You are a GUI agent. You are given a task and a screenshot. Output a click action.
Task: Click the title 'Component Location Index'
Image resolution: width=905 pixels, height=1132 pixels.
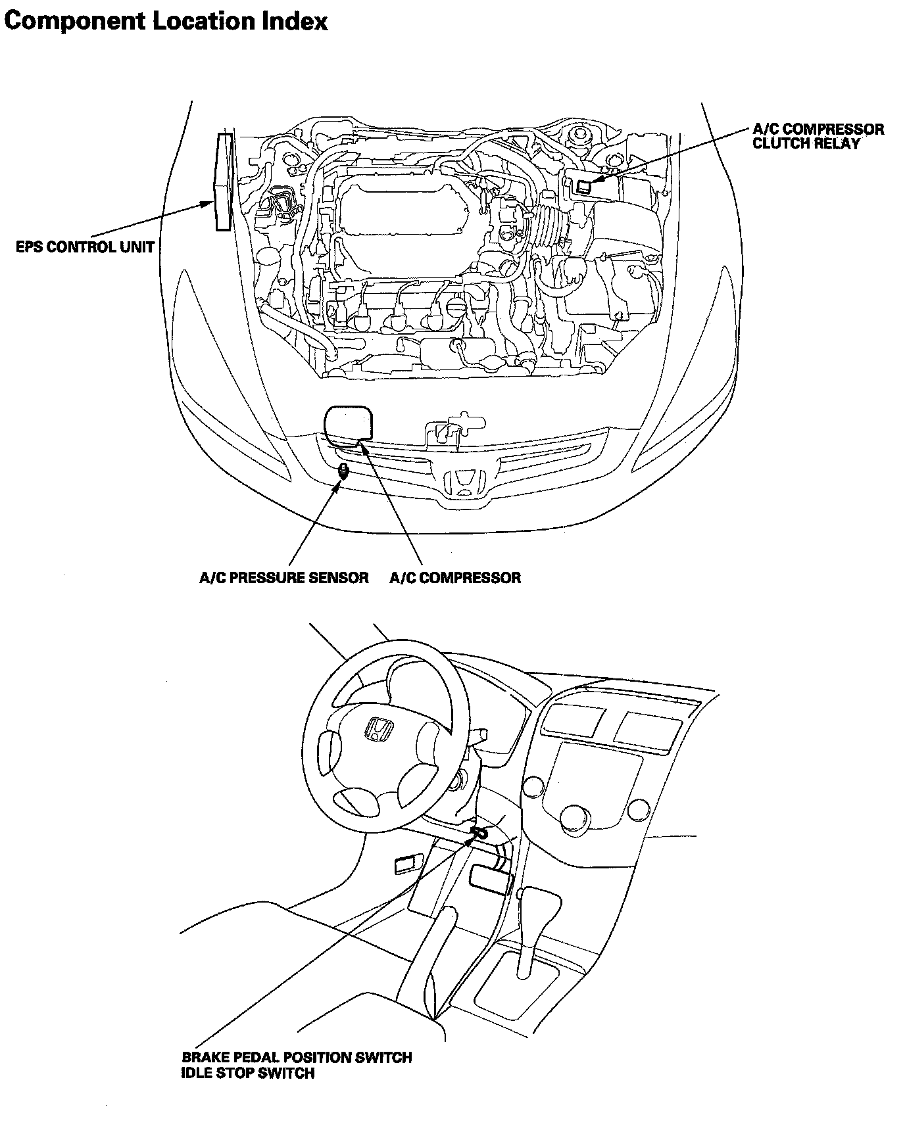[166, 21]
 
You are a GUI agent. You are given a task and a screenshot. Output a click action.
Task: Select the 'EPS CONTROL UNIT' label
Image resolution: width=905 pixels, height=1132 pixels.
[86, 248]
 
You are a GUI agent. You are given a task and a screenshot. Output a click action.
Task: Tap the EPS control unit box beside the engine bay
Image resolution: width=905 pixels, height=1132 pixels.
[224, 182]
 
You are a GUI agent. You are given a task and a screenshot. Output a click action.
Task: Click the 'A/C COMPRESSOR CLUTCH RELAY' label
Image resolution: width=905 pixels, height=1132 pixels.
[818, 136]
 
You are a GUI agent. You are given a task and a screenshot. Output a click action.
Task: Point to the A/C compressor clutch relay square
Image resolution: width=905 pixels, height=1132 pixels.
[583, 187]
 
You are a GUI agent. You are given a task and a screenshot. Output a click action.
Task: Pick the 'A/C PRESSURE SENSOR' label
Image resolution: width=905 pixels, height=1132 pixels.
[283, 578]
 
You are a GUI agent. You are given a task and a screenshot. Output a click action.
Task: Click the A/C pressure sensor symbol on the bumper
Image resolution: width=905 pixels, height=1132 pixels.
[342, 471]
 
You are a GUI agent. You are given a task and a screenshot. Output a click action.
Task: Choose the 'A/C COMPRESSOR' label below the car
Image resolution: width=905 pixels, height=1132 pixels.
[455, 578]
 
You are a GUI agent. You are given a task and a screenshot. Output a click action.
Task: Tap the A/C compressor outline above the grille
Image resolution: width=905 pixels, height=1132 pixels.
[348, 425]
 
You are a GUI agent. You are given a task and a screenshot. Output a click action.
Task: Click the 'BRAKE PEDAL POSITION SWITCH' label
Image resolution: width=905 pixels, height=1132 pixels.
[297, 1058]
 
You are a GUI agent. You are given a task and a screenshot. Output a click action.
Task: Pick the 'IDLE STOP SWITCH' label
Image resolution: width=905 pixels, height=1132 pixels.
[248, 1073]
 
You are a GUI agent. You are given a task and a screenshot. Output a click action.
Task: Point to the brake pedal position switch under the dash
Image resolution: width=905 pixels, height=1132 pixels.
[479, 833]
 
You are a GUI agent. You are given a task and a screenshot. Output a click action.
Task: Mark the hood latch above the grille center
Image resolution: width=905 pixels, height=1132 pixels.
[454, 427]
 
